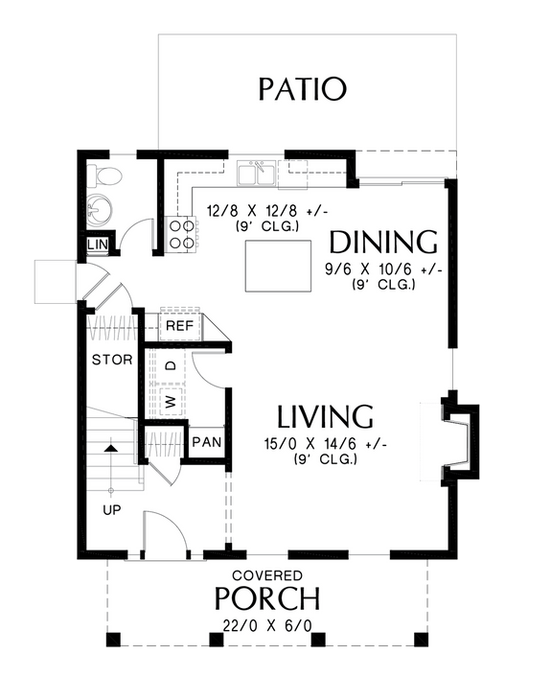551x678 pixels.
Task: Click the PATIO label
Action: [x=302, y=89]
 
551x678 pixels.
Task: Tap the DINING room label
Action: [x=382, y=241]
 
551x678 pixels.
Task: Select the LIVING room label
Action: [x=325, y=417]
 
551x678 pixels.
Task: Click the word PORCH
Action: [x=266, y=599]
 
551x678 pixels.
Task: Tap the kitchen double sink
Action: [x=256, y=174]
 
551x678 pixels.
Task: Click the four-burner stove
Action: [x=181, y=234]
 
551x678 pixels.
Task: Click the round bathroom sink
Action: [x=100, y=210]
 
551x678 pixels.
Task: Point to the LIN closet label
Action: [x=98, y=245]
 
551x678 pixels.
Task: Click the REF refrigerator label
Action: [x=180, y=326]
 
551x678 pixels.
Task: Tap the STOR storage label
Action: [x=111, y=361]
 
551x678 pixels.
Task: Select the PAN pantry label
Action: [x=205, y=443]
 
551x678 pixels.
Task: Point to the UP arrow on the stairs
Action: [x=112, y=448]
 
